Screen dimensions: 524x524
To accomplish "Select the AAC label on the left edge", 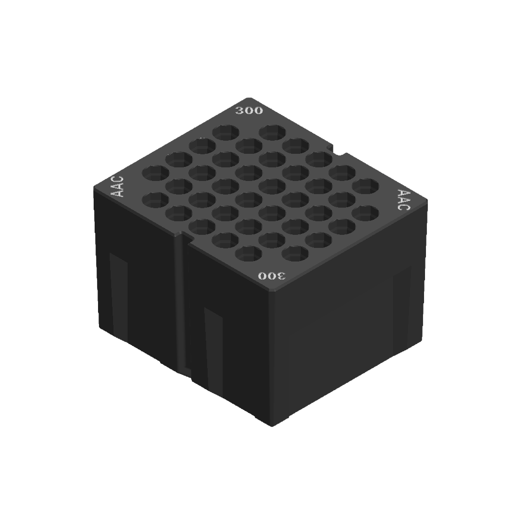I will tap(117, 187).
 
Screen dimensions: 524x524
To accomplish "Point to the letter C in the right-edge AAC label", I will tap(402, 206).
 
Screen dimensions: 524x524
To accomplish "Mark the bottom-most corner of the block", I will tap(272, 426).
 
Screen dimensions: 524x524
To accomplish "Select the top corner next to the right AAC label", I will tap(427, 199).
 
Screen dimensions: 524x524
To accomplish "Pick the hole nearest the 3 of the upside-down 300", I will tap(294, 253).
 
